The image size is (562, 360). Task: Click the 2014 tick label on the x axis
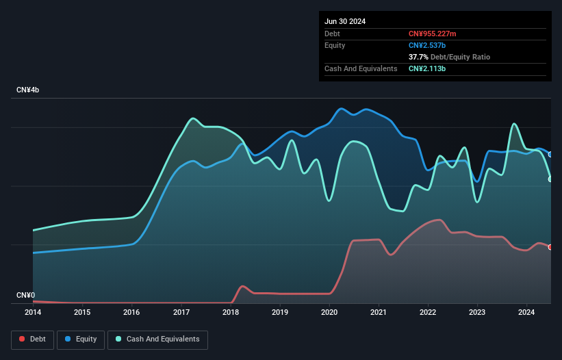click(x=33, y=313)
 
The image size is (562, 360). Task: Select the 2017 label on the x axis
click(x=181, y=313)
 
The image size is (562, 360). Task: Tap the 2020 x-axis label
click(x=329, y=313)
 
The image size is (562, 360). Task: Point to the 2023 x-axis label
click(x=477, y=313)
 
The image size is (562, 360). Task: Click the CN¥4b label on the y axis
click(x=28, y=90)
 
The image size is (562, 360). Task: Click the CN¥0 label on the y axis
click(x=26, y=295)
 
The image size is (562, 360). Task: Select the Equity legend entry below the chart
click(x=81, y=339)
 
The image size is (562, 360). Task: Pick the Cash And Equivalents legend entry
click(x=157, y=339)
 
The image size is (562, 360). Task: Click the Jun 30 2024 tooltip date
click(x=345, y=21)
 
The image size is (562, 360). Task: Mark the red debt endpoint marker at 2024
click(x=550, y=247)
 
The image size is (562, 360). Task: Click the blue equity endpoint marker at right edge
click(x=550, y=155)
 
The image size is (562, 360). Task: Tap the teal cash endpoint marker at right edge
click(x=550, y=179)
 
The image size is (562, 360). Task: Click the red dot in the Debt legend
click(x=22, y=339)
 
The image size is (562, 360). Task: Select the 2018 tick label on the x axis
click(x=231, y=313)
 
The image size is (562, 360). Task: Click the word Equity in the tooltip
click(x=335, y=45)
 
